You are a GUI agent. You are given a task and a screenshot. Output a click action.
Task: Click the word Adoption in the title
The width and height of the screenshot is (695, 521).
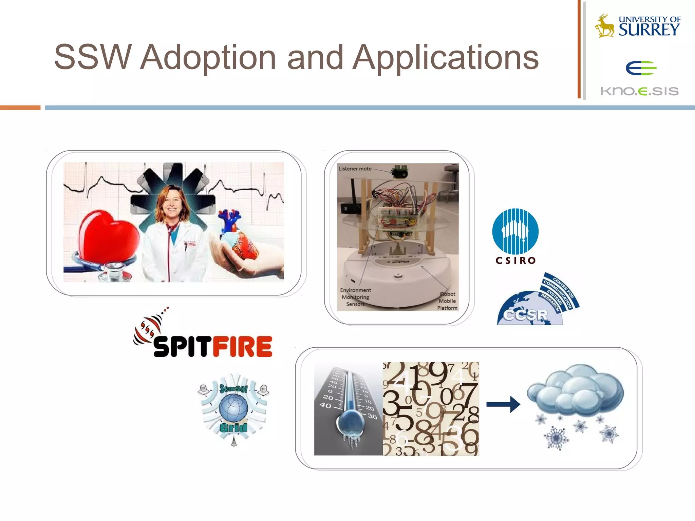pos(208,58)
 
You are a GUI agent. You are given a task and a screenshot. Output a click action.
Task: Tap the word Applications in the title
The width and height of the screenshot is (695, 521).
pos(445,58)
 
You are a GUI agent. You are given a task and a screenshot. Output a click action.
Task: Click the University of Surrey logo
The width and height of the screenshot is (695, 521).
pos(638,26)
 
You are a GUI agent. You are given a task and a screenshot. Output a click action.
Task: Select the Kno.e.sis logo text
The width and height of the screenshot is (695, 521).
pos(639,91)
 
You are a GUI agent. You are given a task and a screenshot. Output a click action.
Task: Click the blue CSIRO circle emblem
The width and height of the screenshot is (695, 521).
pos(515,231)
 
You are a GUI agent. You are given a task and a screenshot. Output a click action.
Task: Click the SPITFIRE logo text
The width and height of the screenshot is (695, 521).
pos(212,346)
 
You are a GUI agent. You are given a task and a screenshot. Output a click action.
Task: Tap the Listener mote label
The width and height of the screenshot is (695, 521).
pos(355,169)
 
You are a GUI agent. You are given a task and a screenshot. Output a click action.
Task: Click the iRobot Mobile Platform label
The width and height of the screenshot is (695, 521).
pos(447,301)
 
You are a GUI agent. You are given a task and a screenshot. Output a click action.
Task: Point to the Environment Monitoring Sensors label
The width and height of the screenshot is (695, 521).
pos(355,297)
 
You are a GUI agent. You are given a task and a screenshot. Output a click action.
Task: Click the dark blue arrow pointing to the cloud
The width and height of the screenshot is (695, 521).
pos(503,404)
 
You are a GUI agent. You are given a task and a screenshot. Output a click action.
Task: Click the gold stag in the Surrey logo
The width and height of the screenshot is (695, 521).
pos(605,26)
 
